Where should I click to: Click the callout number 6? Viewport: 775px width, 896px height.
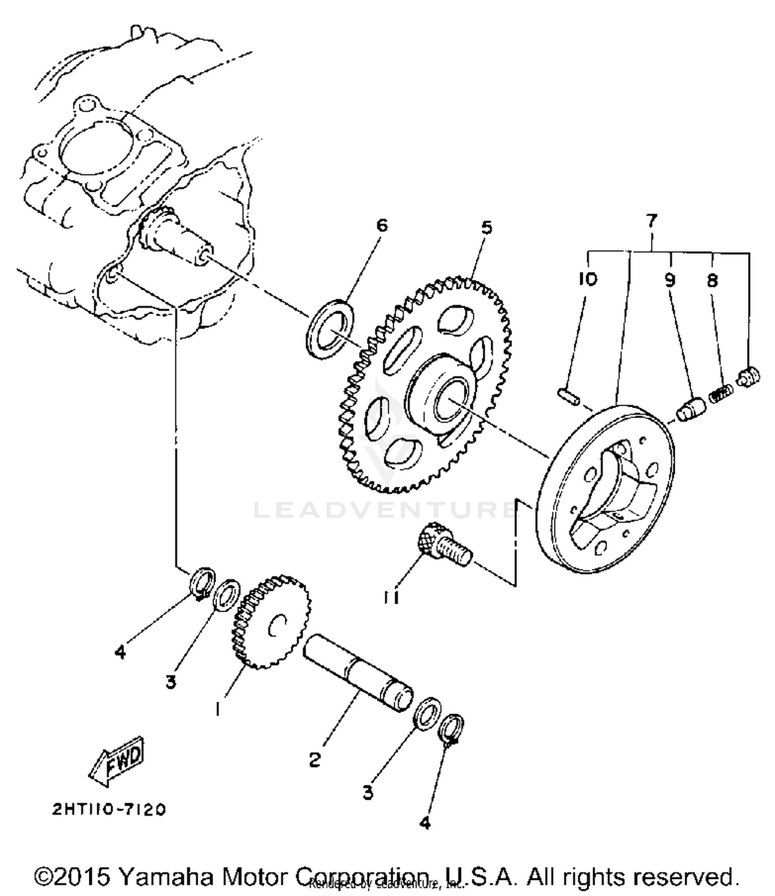pyautogui.click(x=381, y=225)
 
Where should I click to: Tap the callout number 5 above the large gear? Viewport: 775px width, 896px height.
pyautogui.click(x=487, y=228)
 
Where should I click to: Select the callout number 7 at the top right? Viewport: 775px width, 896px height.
pyautogui.click(x=652, y=221)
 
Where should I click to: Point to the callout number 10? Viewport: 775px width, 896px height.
pyautogui.click(x=588, y=280)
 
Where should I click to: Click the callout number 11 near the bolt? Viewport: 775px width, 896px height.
pyautogui.click(x=392, y=597)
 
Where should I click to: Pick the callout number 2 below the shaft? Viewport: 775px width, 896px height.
pyautogui.click(x=315, y=760)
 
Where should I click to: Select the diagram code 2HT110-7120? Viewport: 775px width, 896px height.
pyautogui.click(x=109, y=809)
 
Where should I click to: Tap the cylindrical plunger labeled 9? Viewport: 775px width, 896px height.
pyautogui.click(x=688, y=409)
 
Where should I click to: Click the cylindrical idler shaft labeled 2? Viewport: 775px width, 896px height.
pyautogui.click(x=357, y=672)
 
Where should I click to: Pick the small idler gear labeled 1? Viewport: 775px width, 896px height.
pyautogui.click(x=271, y=622)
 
